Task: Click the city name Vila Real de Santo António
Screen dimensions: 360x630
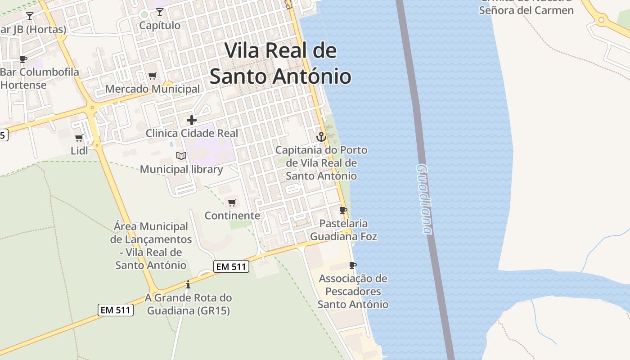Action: [x=280, y=63]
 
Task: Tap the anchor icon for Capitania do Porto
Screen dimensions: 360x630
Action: [x=321, y=136]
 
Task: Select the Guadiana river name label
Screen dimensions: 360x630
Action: [x=424, y=198]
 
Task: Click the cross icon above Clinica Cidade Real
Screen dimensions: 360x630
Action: [x=192, y=120]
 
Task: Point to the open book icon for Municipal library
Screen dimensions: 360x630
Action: [x=181, y=156]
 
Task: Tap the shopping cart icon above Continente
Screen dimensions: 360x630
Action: [x=232, y=202]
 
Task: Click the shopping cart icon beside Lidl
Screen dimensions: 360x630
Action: [x=79, y=138]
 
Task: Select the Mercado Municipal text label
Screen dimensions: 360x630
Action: [x=153, y=89]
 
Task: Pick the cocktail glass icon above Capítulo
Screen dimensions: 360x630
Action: [x=160, y=12]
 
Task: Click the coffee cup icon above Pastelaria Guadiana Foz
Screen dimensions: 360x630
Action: [x=343, y=210]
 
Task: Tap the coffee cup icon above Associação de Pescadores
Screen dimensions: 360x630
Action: [x=353, y=265]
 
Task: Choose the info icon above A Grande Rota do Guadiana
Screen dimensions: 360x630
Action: [x=188, y=284]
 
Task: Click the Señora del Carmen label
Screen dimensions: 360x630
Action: [x=526, y=10]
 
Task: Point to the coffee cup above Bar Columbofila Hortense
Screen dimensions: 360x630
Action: [x=23, y=59]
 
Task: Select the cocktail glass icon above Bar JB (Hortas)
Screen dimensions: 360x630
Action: [x=30, y=16]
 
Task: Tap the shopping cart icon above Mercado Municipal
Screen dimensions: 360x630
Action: [x=153, y=76]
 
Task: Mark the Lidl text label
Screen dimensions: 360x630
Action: [x=80, y=151]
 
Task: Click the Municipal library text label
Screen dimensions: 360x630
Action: [x=181, y=169]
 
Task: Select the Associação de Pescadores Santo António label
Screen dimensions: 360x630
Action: [x=353, y=291]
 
